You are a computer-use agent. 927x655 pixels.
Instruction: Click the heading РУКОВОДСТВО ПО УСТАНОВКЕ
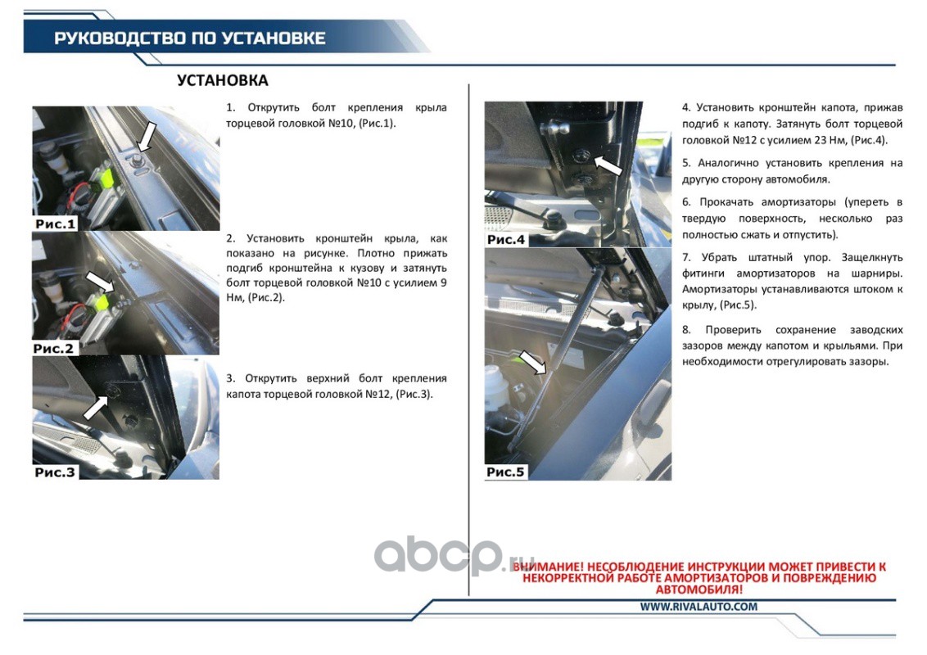coord(190,38)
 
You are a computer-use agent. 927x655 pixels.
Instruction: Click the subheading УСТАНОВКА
coord(222,80)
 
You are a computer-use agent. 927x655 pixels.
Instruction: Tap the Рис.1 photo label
coord(56,224)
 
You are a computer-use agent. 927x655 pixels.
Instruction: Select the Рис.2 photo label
coord(54,348)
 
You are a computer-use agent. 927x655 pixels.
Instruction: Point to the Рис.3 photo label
coord(55,472)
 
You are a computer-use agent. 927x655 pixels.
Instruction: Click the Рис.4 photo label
coord(506,239)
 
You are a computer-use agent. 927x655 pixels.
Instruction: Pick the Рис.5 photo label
coord(505,472)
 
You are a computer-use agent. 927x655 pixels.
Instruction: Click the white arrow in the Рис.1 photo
coord(147,138)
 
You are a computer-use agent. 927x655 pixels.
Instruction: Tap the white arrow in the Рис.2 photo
coord(100,282)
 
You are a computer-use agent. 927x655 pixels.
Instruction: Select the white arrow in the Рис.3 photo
coord(95,407)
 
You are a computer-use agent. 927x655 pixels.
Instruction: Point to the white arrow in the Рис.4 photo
coord(608,165)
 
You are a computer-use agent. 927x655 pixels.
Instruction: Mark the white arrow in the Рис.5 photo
coord(532,362)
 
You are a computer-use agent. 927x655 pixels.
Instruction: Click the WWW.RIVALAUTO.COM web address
coord(699,607)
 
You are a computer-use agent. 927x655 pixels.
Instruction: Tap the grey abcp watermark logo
coord(454,556)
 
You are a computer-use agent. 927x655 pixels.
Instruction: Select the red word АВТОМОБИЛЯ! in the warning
coord(699,589)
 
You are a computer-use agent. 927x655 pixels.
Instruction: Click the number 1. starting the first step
coord(231,107)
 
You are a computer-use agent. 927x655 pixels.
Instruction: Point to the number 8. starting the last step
coord(686,329)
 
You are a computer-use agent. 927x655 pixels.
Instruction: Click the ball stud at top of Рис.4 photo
coord(556,128)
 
